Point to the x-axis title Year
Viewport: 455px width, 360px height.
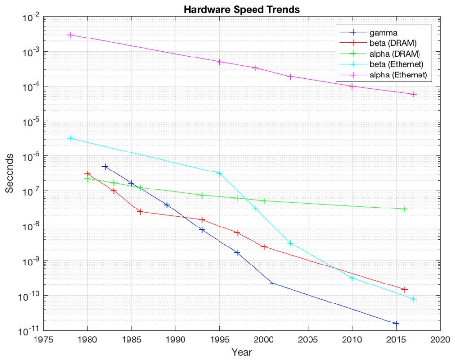[x=241, y=351]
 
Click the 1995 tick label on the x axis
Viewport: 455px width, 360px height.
[x=219, y=339]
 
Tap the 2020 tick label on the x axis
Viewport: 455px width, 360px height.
[x=440, y=339]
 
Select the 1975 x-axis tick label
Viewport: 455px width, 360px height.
[x=43, y=339]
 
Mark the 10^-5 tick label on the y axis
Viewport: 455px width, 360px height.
[x=29, y=121]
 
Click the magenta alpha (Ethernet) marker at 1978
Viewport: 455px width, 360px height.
[x=70, y=35]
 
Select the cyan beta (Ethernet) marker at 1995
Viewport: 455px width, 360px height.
[x=219, y=173]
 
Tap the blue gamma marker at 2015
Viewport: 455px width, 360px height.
[x=396, y=323]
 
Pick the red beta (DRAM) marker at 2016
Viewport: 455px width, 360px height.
[x=405, y=289]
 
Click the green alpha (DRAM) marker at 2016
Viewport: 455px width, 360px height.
[x=405, y=209]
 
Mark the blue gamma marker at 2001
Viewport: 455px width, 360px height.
[x=273, y=284]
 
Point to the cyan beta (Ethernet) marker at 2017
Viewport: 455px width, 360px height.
[x=414, y=299]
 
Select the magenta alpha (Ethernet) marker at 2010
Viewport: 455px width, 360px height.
[x=352, y=86]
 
